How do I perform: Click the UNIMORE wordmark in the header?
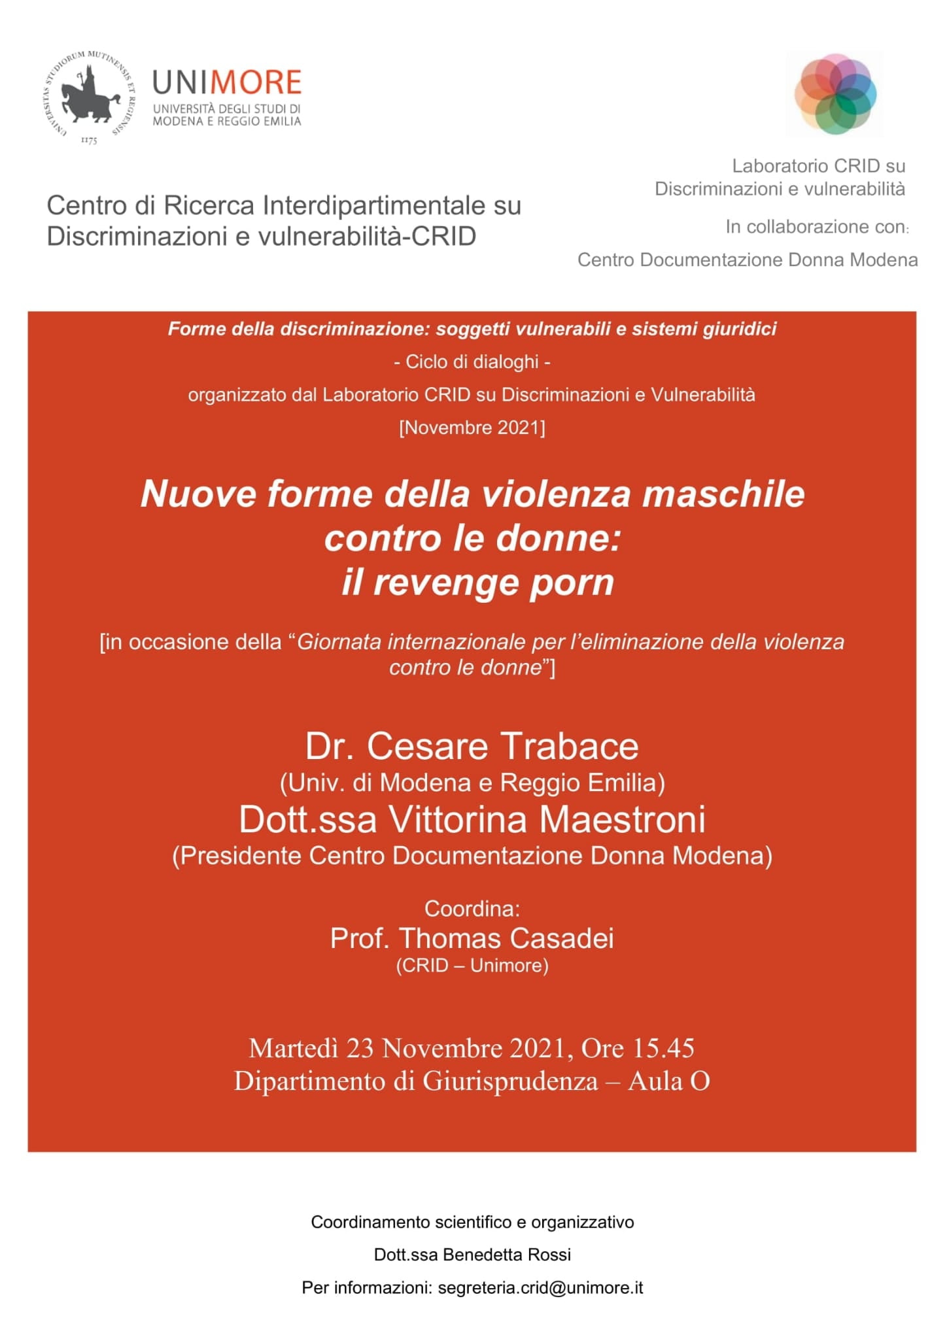[226, 83]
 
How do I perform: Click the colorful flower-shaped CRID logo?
[835, 94]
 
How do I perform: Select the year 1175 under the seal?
[89, 141]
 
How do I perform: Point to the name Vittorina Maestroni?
[547, 819]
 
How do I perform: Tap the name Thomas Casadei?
[506, 938]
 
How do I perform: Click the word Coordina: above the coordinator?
[472, 908]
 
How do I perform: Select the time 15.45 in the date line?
[663, 1049]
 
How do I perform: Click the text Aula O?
[669, 1081]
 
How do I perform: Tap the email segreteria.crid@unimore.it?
[540, 1287]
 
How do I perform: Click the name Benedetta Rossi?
[507, 1255]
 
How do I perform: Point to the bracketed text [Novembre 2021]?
[472, 428]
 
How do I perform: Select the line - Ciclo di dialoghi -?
[472, 362]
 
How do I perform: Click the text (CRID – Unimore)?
[472, 966]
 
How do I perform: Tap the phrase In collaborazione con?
[817, 227]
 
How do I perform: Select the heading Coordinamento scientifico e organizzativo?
[472, 1222]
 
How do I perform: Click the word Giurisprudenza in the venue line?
[510, 1081]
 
